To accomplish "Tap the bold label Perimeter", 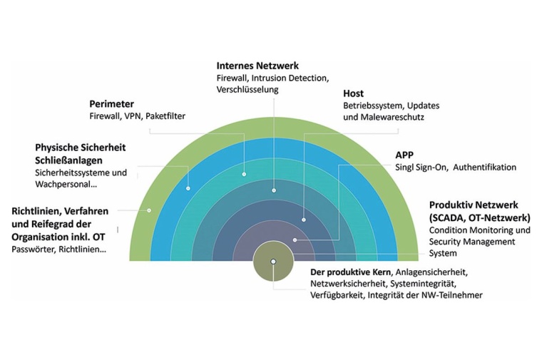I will click(x=111, y=103).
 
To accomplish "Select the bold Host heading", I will click(x=353, y=93).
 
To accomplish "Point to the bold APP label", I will click(x=405, y=155).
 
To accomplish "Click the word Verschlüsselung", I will click(x=248, y=90).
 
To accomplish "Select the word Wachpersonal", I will click(x=64, y=184).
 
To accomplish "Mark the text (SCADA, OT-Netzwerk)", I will click(x=479, y=217).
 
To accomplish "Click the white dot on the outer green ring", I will click(x=150, y=210).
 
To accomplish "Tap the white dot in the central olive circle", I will click(x=272, y=262).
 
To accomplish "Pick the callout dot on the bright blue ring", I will click(x=188, y=188).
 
